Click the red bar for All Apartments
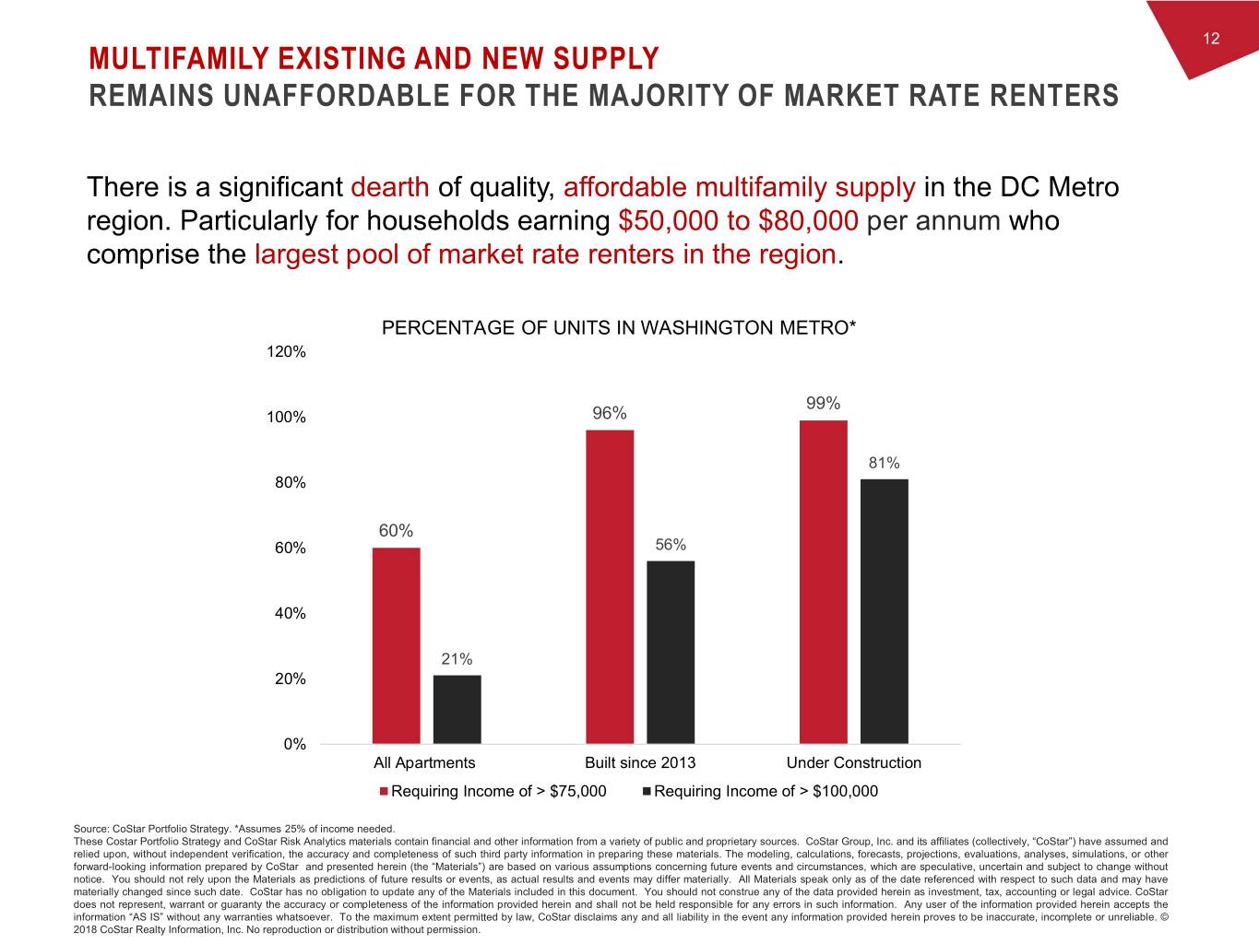(x=396, y=645)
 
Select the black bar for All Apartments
(x=457, y=709)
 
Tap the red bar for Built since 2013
(x=610, y=586)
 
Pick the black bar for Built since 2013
(x=671, y=652)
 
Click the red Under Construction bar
(x=824, y=582)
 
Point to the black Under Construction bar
(x=884, y=611)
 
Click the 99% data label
(x=823, y=403)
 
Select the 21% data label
(x=457, y=659)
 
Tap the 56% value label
(x=671, y=545)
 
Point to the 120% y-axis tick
(x=287, y=352)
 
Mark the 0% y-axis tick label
(x=294, y=744)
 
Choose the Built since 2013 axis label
(x=640, y=762)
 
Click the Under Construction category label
(x=853, y=762)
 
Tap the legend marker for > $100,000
(x=647, y=791)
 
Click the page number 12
(x=1211, y=38)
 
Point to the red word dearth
(x=390, y=187)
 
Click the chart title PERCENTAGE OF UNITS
(x=619, y=328)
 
